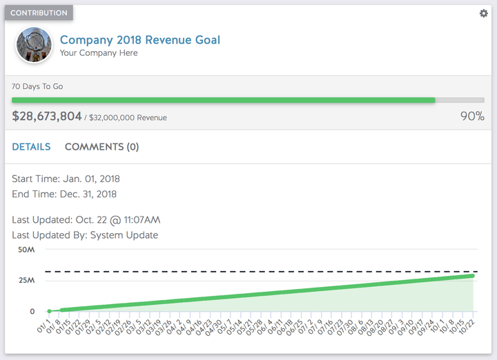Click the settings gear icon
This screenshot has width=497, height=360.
pyautogui.click(x=483, y=14)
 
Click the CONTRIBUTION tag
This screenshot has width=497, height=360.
pyautogui.click(x=39, y=13)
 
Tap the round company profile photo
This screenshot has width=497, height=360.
pyautogui.click(x=34, y=46)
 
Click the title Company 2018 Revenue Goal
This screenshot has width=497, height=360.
pyautogui.click(x=140, y=40)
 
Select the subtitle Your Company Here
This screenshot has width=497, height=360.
pyautogui.click(x=99, y=53)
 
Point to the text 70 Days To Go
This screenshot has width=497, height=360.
pyautogui.click(x=38, y=87)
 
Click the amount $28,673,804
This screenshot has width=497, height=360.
pyautogui.click(x=47, y=117)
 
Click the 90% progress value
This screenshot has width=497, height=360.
pyautogui.click(x=472, y=117)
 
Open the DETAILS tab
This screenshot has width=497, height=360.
pyautogui.click(x=31, y=147)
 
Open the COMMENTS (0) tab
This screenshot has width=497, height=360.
pyautogui.click(x=101, y=147)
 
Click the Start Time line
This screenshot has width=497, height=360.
pyautogui.click(x=66, y=179)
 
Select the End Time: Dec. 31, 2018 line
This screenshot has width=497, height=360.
pyautogui.click(x=64, y=194)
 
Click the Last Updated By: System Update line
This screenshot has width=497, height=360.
pyautogui.click(x=85, y=235)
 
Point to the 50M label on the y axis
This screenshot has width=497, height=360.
pyautogui.click(x=27, y=250)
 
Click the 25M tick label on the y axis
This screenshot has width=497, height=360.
pyautogui.click(x=27, y=281)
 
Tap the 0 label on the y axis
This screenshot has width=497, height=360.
pyautogui.click(x=32, y=312)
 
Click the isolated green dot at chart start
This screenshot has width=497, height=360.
pyautogui.click(x=50, y=312)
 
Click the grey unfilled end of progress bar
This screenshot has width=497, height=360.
pyautogui.click(x=460, y=100)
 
